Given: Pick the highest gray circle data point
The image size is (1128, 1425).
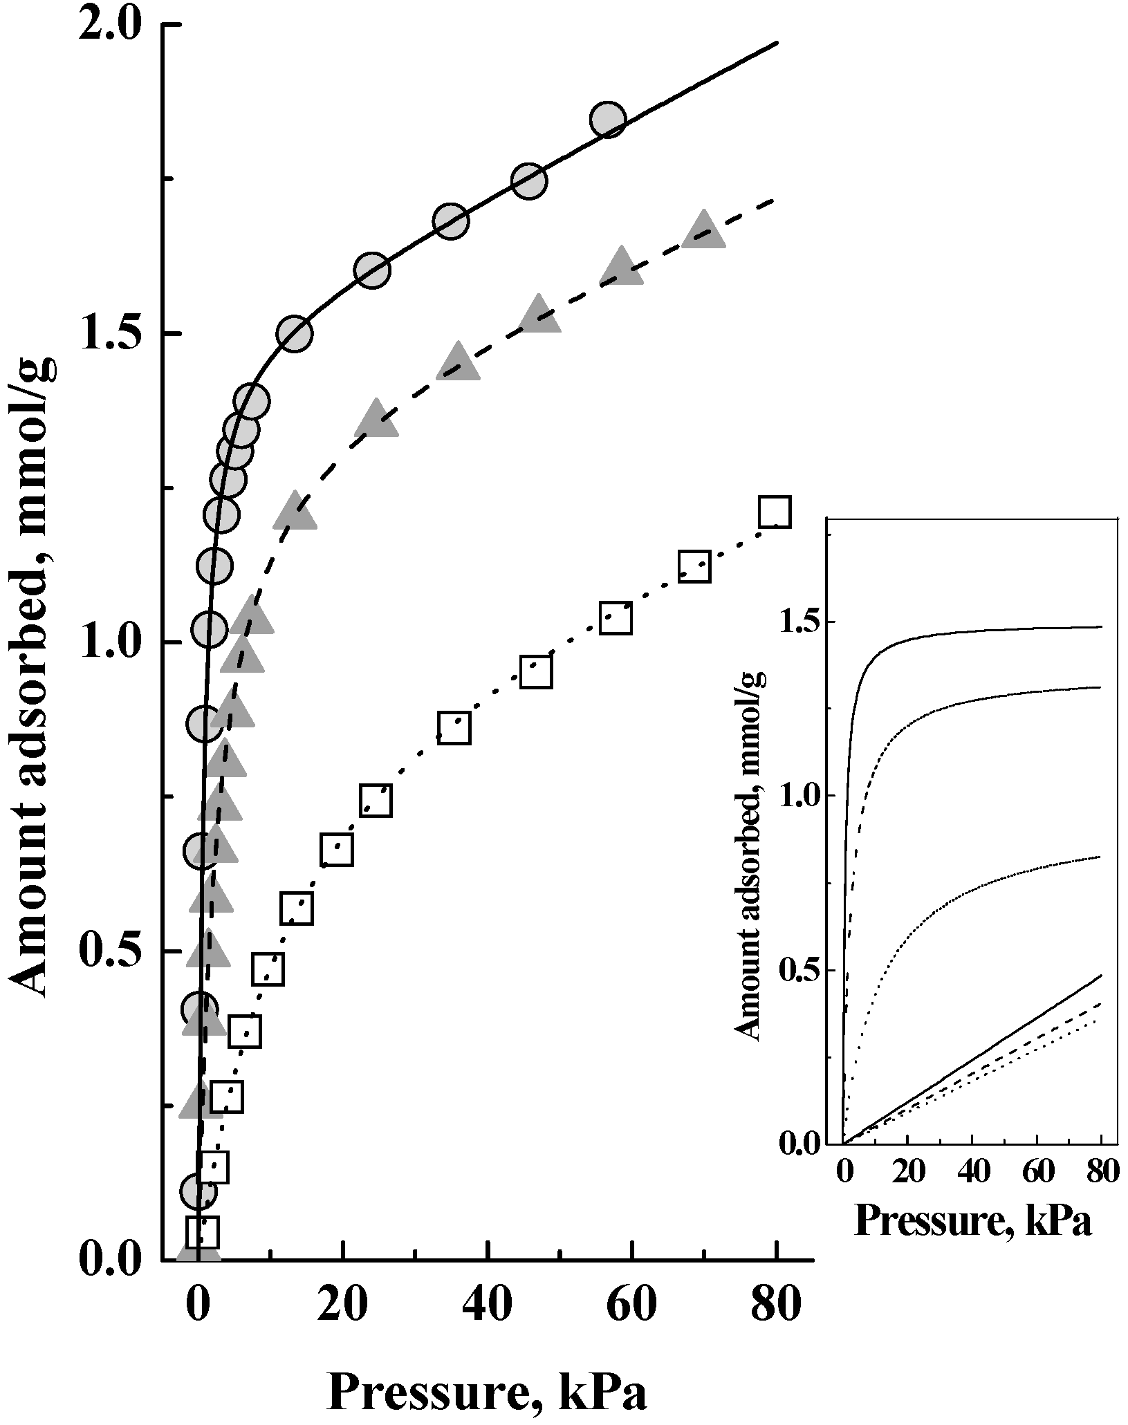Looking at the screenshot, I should pos(608,120).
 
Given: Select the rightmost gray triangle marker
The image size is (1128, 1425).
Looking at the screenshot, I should pos(703,231).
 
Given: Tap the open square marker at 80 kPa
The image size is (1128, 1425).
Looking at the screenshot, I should pos(773,512).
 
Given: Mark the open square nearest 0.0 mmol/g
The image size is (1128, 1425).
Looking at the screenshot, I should pos(203,1231).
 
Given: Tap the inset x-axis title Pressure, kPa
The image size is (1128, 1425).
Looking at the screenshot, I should pos(973,1220).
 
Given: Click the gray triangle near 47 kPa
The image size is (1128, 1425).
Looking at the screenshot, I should pos(540,315).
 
